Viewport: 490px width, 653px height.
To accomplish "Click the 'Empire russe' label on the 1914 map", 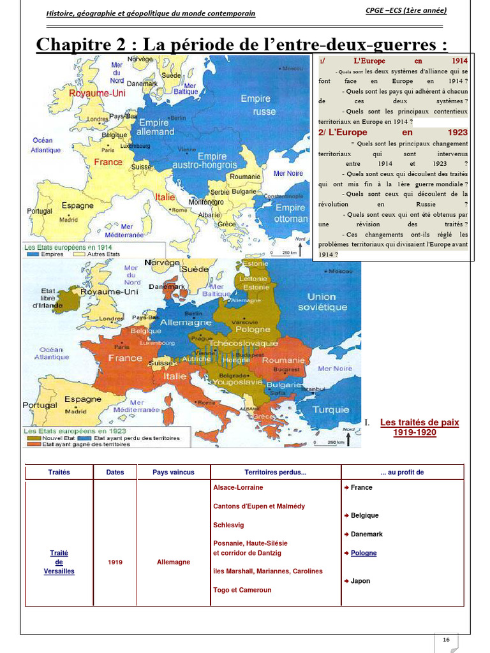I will pyautogui.click(x=255, y=105).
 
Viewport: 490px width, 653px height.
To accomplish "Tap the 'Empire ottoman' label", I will pyautogui.click(x=290, y=213).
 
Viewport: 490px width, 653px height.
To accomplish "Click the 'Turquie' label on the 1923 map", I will pyautogui.click(x=331, y=409).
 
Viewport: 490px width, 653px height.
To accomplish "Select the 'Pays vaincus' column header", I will pyautogui.click(x=174, y=473).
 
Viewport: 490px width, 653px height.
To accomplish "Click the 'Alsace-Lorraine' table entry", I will pyautogui.click(x=238, y=487).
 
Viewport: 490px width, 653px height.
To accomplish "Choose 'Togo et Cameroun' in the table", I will pyautogui.click(x=242, y=590).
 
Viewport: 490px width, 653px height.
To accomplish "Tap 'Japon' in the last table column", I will pyautogui.click(x=360, y=581).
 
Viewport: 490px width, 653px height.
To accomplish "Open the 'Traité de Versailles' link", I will pyautogui.click(x=59, y=562).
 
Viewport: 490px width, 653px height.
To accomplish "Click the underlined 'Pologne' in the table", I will pyautogui.click(x=364, y=553).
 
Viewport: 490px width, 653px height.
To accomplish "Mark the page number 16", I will pyautogui.click(x=446, y=640).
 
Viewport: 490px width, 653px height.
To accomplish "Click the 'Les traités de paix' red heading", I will pyautogui.click(x=419, y=422).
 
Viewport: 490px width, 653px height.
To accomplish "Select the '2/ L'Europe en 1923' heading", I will pyautogui.click(x=392, y=133).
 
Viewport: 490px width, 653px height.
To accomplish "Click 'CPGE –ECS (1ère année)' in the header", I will pyautogui.click(x=406, y=10).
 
